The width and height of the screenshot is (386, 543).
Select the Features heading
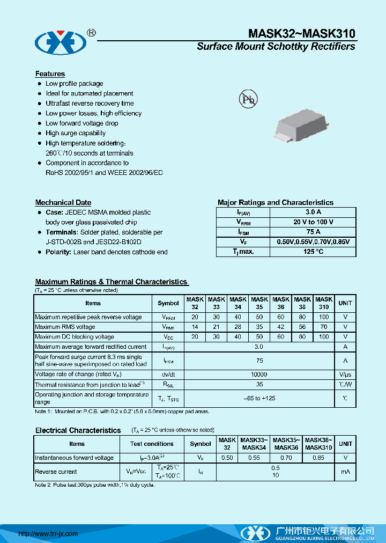50,74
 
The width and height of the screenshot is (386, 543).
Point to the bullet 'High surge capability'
76,133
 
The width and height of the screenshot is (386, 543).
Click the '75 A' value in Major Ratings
313,232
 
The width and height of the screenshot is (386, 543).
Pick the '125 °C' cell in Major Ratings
313,252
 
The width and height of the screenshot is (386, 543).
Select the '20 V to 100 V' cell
313,222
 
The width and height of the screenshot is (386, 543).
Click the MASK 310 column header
324,303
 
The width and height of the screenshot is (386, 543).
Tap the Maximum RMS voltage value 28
237,327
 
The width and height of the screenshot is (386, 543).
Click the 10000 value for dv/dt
259,374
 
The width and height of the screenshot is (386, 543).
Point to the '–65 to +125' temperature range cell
259,398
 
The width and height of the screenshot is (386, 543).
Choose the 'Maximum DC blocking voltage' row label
75,337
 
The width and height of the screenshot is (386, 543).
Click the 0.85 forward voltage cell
318,458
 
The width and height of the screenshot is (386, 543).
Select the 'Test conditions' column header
152,444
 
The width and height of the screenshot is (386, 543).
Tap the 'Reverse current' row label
56,472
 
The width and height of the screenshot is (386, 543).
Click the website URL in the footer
48,534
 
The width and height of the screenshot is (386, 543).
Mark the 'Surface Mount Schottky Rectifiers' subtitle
276,47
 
